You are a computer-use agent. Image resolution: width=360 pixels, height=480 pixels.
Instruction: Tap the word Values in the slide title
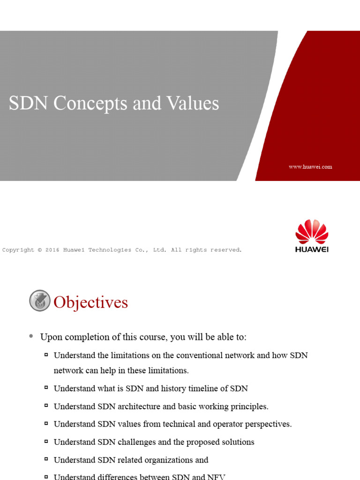tap(192, 103)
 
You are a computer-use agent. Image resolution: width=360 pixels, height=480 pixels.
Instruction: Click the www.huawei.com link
tap(310, 166)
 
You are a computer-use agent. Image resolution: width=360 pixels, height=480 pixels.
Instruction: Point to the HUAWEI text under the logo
tap(312, 249)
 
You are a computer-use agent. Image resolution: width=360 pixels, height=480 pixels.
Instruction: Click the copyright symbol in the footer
tap(40, 250)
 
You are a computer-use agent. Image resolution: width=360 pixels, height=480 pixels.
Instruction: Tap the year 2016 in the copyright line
tap(52, 250)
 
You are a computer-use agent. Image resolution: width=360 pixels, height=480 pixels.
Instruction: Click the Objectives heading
tap(90, 302)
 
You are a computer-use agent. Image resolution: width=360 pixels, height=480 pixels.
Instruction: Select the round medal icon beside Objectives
tap(40, 300)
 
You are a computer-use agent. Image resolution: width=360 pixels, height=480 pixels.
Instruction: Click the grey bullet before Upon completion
tap(31, 336)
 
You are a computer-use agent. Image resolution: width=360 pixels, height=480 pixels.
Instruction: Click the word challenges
tap(130, 442)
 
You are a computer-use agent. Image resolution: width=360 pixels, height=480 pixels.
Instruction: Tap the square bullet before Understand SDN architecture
tap(46, 406)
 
